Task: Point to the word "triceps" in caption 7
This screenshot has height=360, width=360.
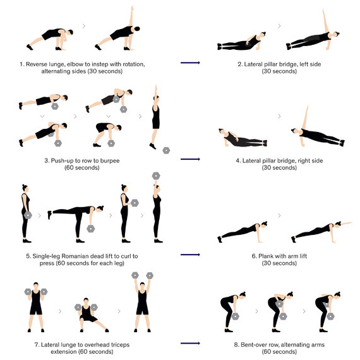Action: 120,345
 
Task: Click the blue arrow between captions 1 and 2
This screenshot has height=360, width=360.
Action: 190,63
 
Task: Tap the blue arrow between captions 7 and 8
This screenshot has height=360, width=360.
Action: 190,343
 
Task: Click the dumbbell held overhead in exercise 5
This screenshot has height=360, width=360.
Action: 156,176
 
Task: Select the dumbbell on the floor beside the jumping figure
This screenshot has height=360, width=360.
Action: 166,150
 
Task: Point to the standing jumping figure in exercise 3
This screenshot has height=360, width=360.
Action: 155,117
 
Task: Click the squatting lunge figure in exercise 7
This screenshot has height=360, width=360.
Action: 90,315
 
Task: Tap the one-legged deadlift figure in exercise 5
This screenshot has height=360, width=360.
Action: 76,224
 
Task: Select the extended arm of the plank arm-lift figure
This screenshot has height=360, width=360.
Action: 346,223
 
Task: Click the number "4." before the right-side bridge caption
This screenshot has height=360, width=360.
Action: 238,160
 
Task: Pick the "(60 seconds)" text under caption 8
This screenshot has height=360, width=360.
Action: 279,352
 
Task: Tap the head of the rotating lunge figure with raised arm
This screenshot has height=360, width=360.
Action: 136,29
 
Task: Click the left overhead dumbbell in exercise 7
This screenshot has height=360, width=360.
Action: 135,275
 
